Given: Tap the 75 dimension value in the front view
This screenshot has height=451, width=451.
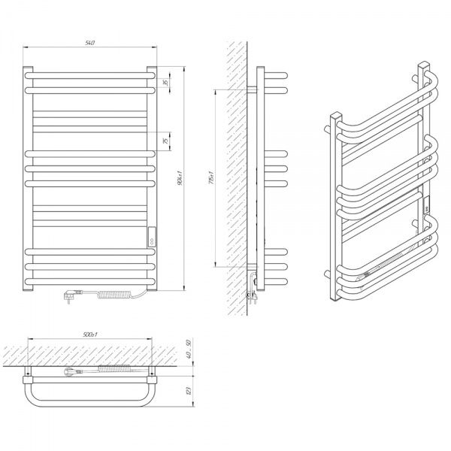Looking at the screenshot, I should click(x=166, y=140).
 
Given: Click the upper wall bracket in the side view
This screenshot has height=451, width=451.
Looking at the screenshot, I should click(x=252, y=89).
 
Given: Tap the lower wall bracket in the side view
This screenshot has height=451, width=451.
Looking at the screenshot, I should click(x=252, y=265).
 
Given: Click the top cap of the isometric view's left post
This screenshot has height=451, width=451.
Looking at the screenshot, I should click(x=331, y=117).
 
